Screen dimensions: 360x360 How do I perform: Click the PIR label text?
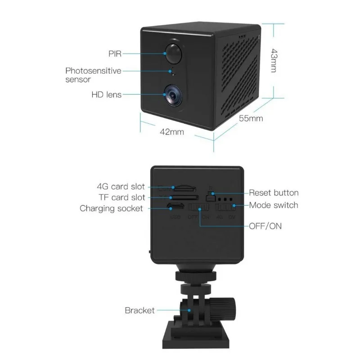[x=115, y=54]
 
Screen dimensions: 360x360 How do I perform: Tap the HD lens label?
[x=107, y=94]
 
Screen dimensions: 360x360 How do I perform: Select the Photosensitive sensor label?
[x=93, y=75]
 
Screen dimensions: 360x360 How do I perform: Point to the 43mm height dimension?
[x=272, y=60]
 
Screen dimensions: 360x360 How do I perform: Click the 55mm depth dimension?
[x=251, y=119]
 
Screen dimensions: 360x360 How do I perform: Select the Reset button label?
[x=274, y=193]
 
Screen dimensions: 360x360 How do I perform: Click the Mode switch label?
[x=274, y=205]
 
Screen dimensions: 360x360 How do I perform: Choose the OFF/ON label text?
[x=265, y=226]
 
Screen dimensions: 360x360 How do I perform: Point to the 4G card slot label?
[x=121, y=186]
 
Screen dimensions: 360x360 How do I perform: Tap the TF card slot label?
[x=122, y=197]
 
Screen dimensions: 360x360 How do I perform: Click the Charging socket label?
[x=111, y=208]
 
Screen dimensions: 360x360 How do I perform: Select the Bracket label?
[x=139, y=310]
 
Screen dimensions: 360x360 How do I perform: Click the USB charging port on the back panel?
[x=175, y=207]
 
